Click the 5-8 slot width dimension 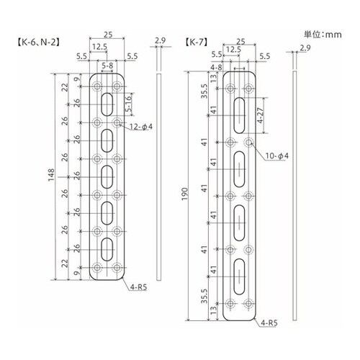tap(107, 65)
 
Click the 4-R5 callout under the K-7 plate tap(270, 325)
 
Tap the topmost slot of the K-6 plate tap(107, 102)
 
